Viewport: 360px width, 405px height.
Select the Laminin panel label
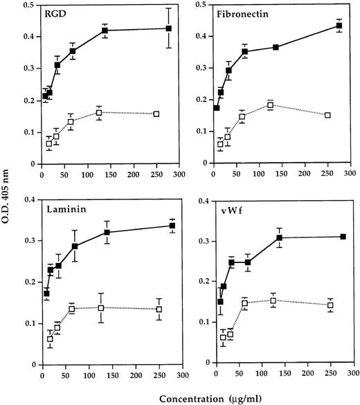pyautogui.click(x=63, y=206)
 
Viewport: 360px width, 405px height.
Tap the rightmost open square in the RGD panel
pyautogui.click(x=156, y=114)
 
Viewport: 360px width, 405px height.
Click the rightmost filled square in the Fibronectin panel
pyautogui.click(x=339, y=26)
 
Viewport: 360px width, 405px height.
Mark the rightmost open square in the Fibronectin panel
pyautogui.click(x=327, y=115)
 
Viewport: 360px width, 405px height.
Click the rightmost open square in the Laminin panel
pyautogui.click(x=159, y=309)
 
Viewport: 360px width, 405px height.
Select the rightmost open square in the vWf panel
pyautogui.click(x=330, y=305)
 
